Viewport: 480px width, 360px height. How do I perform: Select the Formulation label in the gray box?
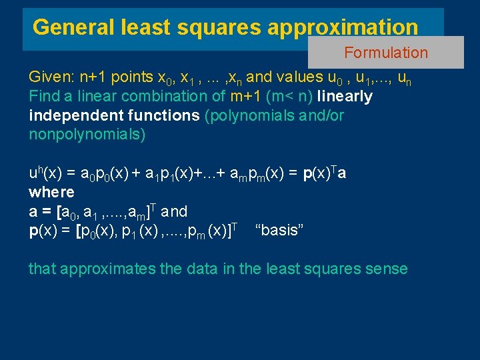[386, 53]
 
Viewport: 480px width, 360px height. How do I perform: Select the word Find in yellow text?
[43, 96]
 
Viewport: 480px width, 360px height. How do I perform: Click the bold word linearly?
[345, 96]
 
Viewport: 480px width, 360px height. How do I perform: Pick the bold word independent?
[71, 115]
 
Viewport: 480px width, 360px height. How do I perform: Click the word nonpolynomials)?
[87, 134]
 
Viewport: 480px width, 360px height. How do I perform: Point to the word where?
[51, 192]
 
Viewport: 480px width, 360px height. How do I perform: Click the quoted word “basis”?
[280, 230]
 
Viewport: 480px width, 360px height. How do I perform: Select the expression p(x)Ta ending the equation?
[325, 173]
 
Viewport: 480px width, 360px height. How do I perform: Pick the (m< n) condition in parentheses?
[290, 96]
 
